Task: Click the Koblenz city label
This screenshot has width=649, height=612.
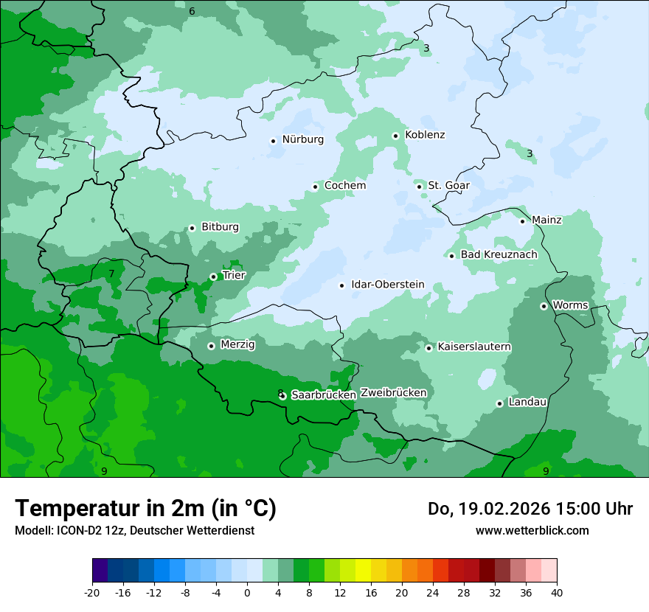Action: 425,135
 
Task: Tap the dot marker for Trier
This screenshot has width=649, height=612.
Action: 213,277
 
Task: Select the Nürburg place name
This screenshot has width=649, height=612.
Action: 302,139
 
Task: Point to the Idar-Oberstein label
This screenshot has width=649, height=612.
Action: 388,285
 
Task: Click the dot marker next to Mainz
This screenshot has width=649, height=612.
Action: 522,220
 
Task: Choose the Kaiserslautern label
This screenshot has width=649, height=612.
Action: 474,347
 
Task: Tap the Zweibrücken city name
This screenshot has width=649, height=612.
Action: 393,393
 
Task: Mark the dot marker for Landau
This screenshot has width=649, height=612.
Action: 499,403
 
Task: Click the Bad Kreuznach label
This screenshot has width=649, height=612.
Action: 499,254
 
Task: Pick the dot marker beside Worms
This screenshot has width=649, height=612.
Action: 544,306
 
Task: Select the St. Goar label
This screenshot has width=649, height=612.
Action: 448,185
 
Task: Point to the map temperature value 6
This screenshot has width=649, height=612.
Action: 192,11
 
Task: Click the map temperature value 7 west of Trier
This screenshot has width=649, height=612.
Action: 111,274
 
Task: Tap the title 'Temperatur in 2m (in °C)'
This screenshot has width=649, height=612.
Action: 145,509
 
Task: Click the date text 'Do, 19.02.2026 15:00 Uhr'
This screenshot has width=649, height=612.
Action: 530,509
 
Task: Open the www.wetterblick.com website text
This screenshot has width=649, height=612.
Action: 532,530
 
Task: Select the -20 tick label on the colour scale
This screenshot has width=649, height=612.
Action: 92,593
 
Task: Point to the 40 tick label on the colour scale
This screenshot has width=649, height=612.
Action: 557,593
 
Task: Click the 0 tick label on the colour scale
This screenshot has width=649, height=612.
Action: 247,593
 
